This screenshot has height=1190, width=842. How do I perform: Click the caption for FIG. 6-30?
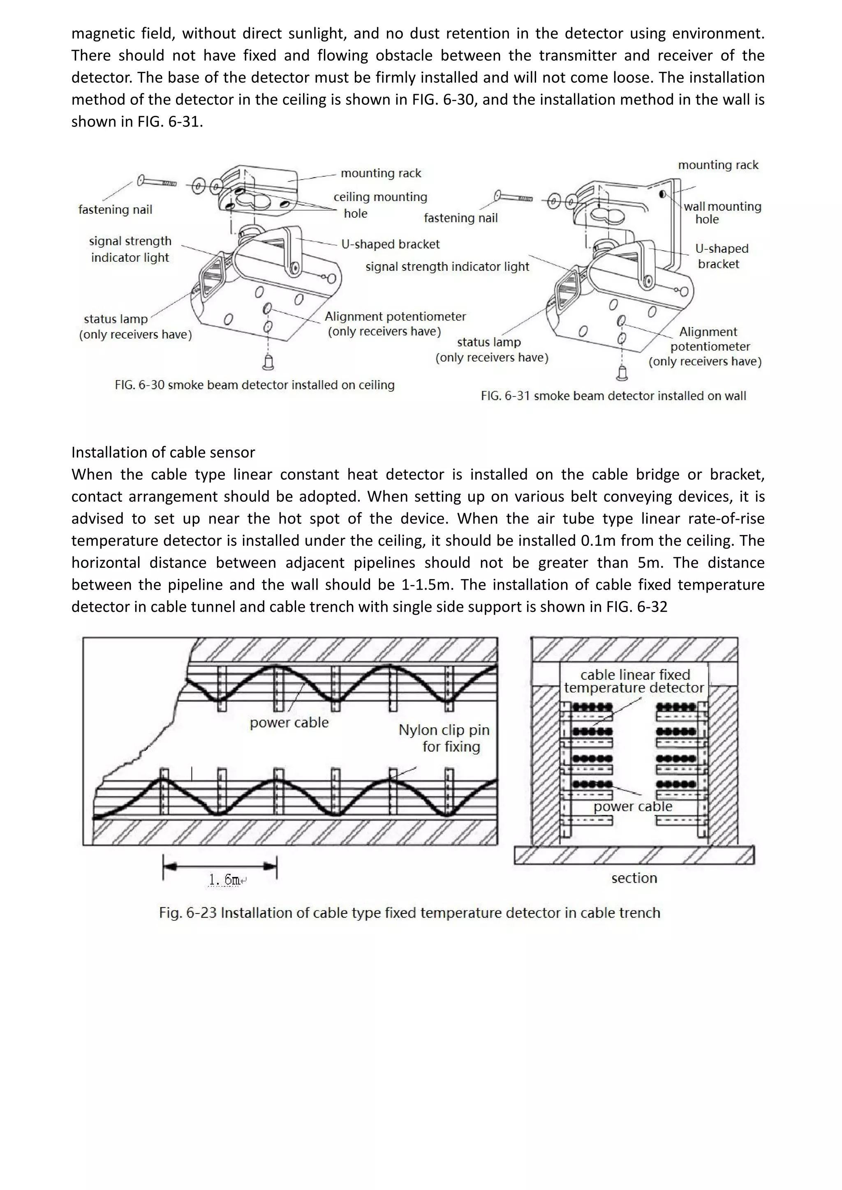(254, 385)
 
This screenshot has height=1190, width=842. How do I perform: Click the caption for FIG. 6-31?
(613, 396)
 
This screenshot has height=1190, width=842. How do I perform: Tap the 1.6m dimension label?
(224, 879)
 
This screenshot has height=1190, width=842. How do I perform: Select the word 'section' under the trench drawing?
(634, 878)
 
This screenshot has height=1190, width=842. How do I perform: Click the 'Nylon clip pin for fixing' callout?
(444, 738)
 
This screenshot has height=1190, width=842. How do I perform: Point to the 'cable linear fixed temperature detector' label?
(634, 681)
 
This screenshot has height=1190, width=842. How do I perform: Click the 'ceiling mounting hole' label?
(380, 205)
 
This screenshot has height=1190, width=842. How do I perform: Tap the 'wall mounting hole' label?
(722, 212)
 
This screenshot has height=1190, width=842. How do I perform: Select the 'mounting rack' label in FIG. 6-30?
(381, 173)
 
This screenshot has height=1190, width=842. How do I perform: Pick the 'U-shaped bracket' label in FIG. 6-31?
(721, 256)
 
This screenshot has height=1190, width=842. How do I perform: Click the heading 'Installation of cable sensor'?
(163, 452)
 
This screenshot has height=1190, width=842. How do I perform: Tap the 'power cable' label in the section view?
(633, 807)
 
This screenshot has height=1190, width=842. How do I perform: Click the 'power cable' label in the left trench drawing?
(289, 722)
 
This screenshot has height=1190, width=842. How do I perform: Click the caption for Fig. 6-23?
(409, 913)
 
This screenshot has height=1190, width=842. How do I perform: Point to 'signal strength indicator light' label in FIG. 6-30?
(130, 249)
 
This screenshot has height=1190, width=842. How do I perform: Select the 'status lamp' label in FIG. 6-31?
(492, 350)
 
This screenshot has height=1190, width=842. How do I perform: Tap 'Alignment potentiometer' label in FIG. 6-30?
(395, 323)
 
